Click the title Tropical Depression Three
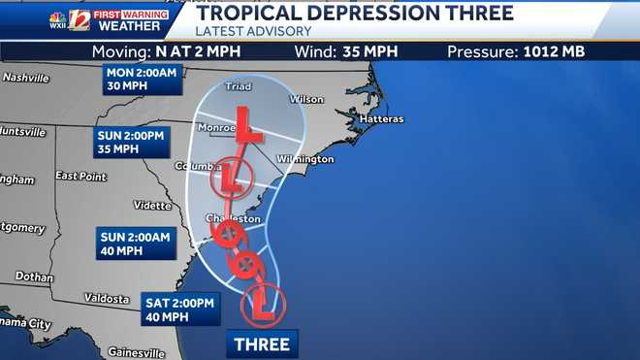click(x=355, y=14)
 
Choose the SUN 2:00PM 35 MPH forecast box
click(x=130, y=142)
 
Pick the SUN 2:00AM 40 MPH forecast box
click(x=135, y=244)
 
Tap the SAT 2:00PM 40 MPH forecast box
click(x=181, y=308)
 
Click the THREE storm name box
click(x=261, y=344)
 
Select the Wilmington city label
click(x=304, y=159)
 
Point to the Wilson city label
click(x=307, y=99)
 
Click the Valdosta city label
click(x=106, y=298)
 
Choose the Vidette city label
click(x=151, y=205)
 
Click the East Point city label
click(x=80, y=176)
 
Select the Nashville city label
click(x=26, y=77)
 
